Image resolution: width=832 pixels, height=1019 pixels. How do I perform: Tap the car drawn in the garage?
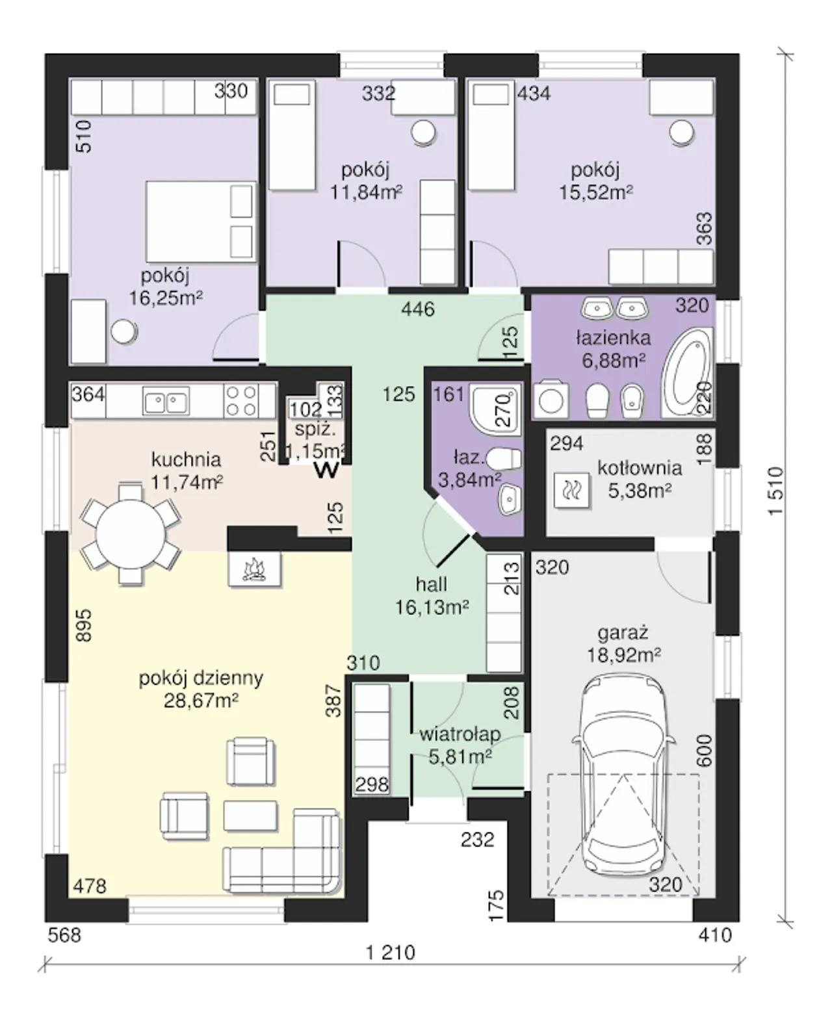(x=623, y=775)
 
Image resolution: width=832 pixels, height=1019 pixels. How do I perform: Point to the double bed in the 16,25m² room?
(x=200, y=222)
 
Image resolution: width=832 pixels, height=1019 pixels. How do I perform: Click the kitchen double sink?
(x=166, y=400)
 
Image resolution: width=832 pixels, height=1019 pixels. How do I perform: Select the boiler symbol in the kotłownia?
(x=571, y=491)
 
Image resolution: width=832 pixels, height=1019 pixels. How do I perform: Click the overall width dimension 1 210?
(x=391, y=952)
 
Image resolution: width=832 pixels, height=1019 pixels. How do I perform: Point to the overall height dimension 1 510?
(x=775, y=491)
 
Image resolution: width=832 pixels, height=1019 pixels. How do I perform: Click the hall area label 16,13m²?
(x=432, y=608)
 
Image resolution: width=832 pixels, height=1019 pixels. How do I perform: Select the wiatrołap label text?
(x=460, y=734)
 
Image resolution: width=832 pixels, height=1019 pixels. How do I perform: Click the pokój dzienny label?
(x=201, y=678)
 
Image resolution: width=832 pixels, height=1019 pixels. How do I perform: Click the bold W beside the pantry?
(x=326, y=470)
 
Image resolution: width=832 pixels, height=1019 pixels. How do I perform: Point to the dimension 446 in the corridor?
(x=418, y=309)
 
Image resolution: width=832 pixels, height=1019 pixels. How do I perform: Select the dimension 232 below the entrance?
(x=477, y=840)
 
